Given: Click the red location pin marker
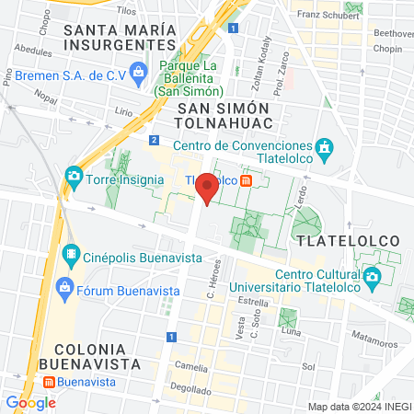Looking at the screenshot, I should [208, 188].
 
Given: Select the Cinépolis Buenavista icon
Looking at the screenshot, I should [70, 252].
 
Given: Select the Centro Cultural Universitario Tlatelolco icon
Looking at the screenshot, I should [371, 275].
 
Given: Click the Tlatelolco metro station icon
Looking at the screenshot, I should [247, 181].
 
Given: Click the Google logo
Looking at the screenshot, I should [30, 402].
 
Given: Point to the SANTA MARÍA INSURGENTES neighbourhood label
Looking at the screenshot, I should [120, 37].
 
